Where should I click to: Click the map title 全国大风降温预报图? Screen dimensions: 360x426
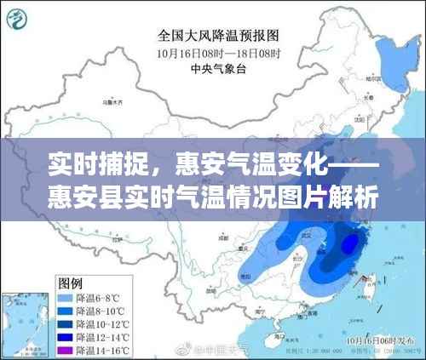click(x=216, y=37)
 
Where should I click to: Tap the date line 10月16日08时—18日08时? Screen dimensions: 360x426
click(x=217, y=52)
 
